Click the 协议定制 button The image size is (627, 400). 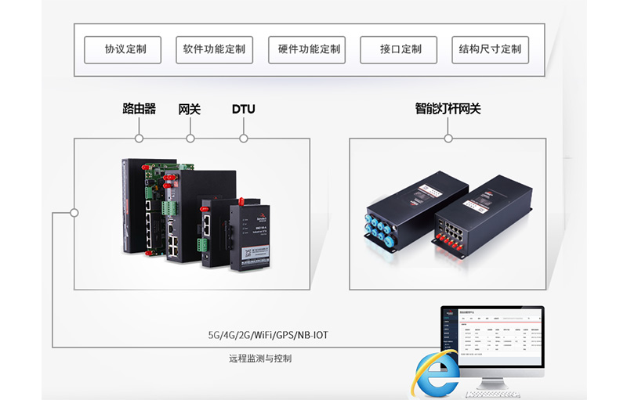[122, 49]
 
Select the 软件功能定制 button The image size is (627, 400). [214, 49]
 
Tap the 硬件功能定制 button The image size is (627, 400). [306, 49]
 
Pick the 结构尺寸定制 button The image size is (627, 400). [491, 49]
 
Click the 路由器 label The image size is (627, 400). [139, 110]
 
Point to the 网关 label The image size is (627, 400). [190, 110]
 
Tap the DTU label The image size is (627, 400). [243, 110]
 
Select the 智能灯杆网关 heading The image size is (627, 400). [448, 110]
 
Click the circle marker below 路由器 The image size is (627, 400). [139, 139]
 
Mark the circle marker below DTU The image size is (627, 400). [243, 139]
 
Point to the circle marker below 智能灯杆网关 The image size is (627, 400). [448, 139]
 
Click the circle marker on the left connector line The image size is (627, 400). [74, 212]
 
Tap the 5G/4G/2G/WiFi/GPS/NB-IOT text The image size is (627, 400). [268, 335]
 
